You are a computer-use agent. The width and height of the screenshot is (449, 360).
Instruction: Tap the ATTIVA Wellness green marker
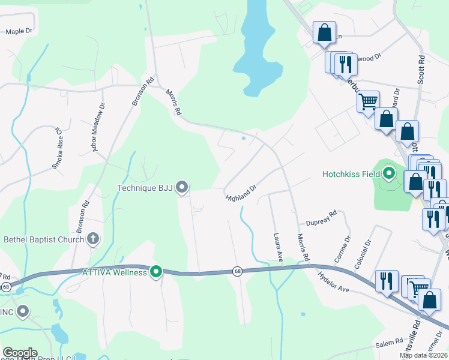(x=156, y=272)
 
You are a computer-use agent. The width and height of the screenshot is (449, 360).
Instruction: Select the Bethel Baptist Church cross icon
(x=93, y=239)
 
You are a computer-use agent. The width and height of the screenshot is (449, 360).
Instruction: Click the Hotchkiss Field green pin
(x=389, y=174)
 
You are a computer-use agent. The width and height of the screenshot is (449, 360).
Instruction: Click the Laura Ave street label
(x=277, y=247)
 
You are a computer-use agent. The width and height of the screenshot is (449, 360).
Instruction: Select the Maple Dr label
(x=19, y=31)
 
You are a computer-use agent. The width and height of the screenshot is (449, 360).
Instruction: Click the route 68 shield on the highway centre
(x=238, y=271)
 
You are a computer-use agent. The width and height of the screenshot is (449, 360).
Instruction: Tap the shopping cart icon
(x=367, y=100)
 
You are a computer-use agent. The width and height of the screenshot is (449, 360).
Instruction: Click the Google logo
(x=20, y=353)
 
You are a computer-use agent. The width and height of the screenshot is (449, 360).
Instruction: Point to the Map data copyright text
(x=424, y=355)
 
